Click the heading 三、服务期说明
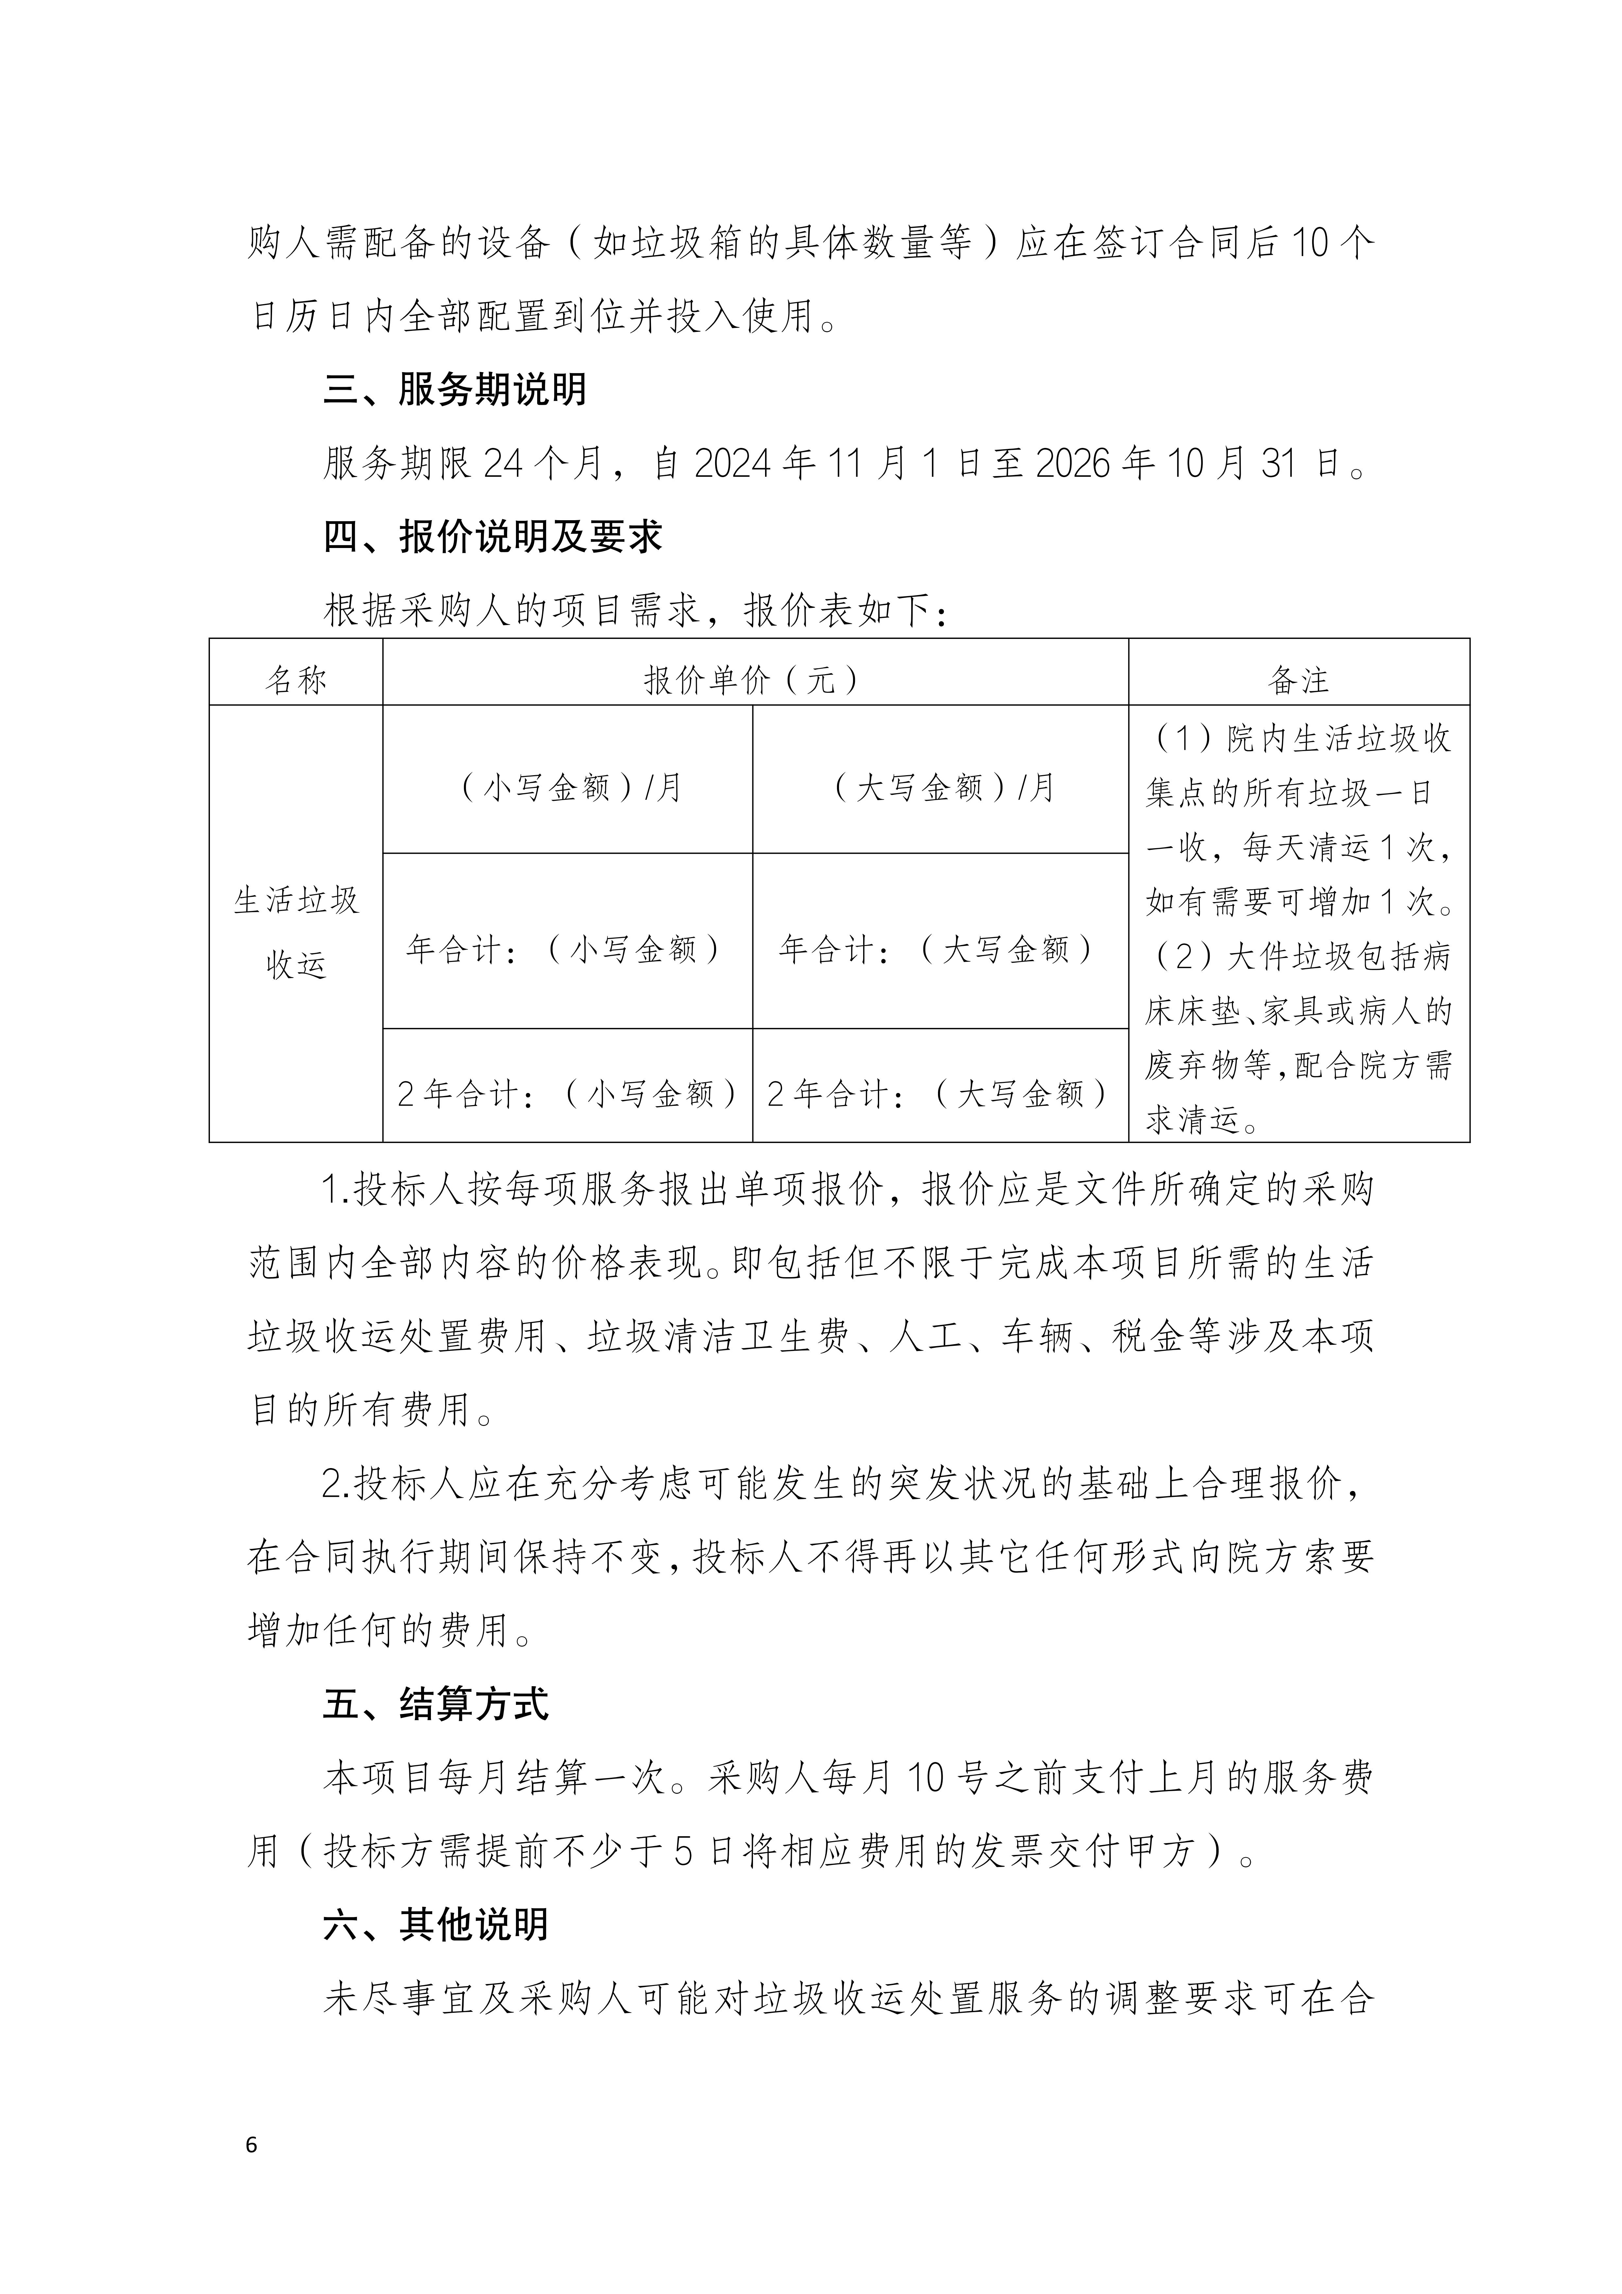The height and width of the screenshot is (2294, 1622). pyautogui.click(x=455, y=390)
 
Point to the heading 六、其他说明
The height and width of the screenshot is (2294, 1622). pyautogui.click(x=436, y=1924)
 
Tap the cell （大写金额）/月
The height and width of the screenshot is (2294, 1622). pyautogui.click(x=940, y=787)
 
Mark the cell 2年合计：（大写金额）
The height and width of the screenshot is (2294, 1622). pyautogui.click(x=940, y=1094)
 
